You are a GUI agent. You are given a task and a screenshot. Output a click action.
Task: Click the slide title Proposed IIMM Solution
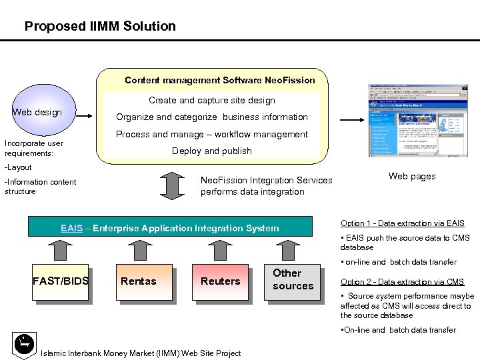pyautogui.click(x=100, y=27)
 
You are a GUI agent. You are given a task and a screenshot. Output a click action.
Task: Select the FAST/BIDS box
pyautogui.click(x=60, y=281)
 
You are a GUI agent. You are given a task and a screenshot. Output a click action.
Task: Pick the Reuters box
pyautogui.click(x=220, y=281)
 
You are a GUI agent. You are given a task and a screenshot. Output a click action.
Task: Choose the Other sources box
pyautogui.click(x=293, y=279)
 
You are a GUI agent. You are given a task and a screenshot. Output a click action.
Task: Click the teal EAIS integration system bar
pyautogui.click(x=170, y=228)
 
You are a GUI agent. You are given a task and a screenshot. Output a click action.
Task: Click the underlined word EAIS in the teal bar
pyautogui.click(x=71, y=228)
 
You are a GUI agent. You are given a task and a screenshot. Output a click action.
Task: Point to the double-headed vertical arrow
pyautogui.click(x=174, y=186)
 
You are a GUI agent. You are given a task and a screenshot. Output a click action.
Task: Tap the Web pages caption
pyautogui.click(x=412, y=177)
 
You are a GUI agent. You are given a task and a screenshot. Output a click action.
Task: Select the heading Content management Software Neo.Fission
pyautogui.click(x=220, y=80)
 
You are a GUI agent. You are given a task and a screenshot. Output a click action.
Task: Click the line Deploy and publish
pyautogui.click(x=212, y=151)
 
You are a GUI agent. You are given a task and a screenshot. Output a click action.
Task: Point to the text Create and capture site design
pyautogui.click(x=212, y=100)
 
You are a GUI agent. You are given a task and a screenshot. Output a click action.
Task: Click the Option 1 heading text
pyautogui.click(x=403, y=223)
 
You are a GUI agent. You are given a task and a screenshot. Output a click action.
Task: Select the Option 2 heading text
pyautogui.click(x=402, y=282)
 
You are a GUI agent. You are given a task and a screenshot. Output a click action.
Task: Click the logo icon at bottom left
pyautogui.click(x=24, y=343)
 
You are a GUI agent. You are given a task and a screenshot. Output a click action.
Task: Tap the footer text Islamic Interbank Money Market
pyautogui.click(x=141, y=353)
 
